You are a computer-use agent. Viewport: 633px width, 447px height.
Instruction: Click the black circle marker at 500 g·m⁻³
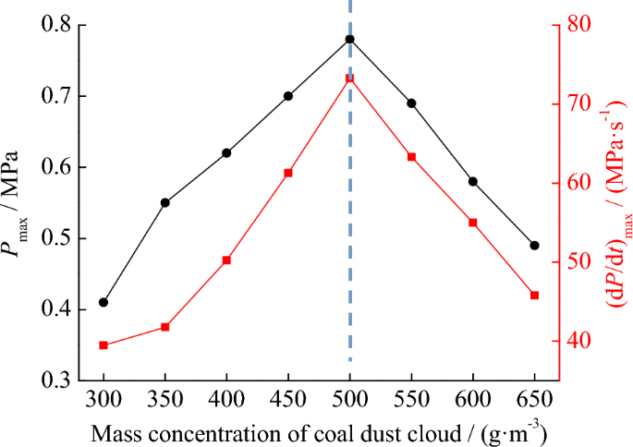349,40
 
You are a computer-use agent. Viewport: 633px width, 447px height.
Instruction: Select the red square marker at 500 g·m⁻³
349,79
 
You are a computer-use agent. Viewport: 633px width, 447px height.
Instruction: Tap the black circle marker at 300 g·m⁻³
103,302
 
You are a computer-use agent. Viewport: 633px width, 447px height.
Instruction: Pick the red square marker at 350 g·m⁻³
165,327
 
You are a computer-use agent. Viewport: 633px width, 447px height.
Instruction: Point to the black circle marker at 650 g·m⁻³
534,246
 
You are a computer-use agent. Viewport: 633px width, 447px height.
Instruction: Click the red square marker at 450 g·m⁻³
288,173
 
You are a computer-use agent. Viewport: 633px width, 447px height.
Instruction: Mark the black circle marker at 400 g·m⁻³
226,152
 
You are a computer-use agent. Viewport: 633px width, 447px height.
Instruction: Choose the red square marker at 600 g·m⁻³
473,223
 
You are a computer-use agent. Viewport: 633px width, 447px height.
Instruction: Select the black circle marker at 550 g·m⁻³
411,103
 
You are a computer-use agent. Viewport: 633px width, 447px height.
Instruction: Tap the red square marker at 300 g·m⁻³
103,345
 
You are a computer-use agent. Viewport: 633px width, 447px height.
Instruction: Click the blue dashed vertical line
349,231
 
